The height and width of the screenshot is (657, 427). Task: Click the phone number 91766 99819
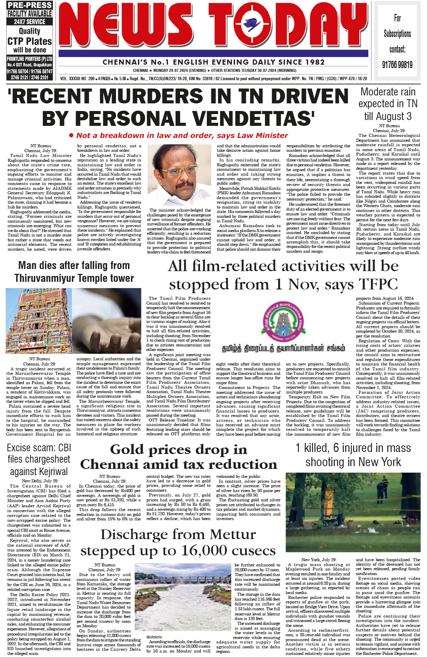[x=397, y=65]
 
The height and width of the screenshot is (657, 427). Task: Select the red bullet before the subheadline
[x=71, y=135]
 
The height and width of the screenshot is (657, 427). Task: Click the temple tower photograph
[x=39, y=320]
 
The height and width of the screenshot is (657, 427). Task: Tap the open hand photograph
[x=107, y=320]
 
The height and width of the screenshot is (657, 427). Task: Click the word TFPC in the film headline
[x=379, y=284]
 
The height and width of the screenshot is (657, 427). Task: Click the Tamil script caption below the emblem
[x=283, y=349]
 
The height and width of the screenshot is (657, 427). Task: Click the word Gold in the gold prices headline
[x=127, y=449]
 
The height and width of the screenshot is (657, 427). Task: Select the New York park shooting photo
[x=353, y=513]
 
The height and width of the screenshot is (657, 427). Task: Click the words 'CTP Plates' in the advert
[x=30, y=41]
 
